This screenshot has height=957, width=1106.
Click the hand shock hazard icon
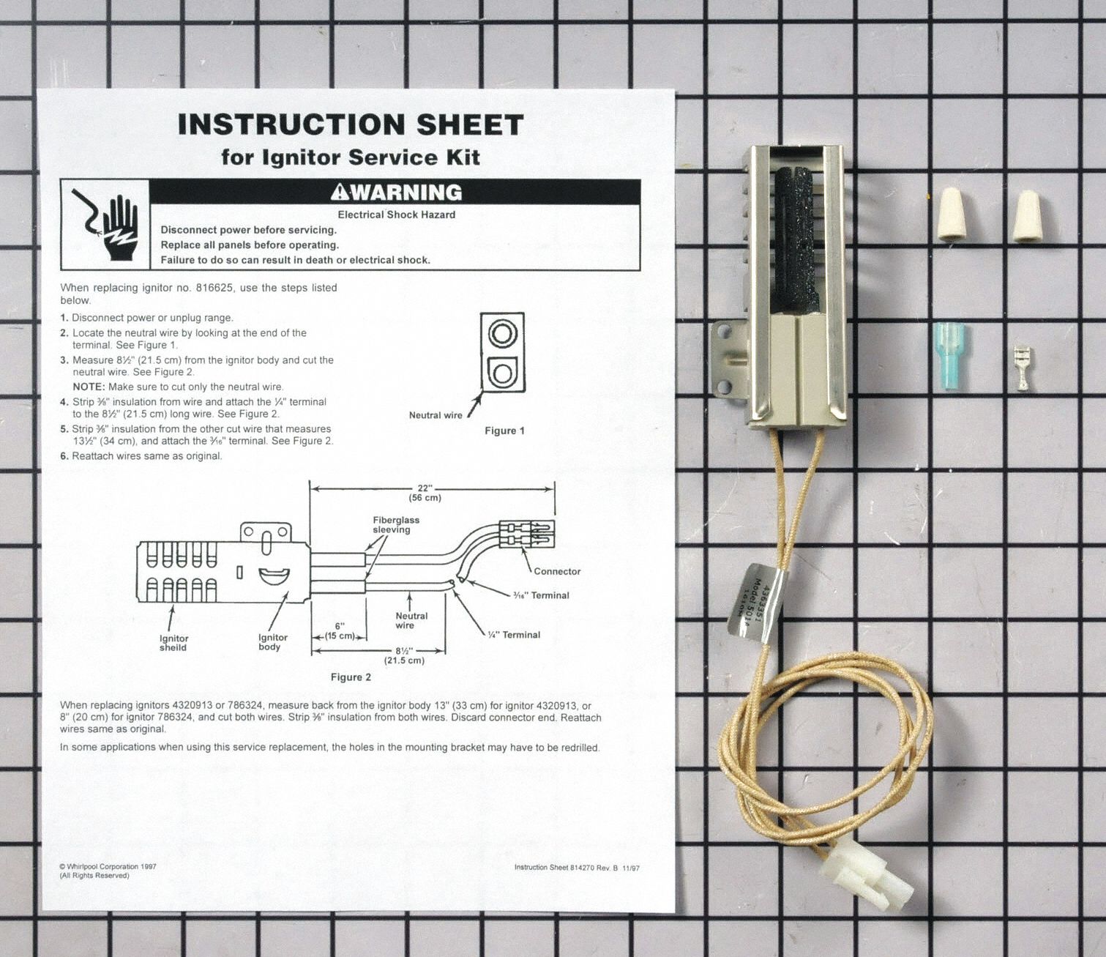point(105,225)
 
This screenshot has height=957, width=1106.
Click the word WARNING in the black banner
point(396,193)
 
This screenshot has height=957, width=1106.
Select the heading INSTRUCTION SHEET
point(351,124)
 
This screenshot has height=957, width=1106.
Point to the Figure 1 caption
point(504,431)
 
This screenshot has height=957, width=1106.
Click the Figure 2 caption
point(351,677)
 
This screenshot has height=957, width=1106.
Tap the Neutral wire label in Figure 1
point(436,415)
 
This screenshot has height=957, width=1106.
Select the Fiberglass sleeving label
point(395,525)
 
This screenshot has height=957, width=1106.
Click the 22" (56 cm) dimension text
point(425,493)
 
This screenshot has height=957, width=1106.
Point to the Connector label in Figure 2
point(556,571)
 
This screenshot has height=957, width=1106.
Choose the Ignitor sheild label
point(173,643)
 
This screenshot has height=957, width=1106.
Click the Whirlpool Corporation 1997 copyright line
point(108,866)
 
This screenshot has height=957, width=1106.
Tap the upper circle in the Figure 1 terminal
point(502,334)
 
